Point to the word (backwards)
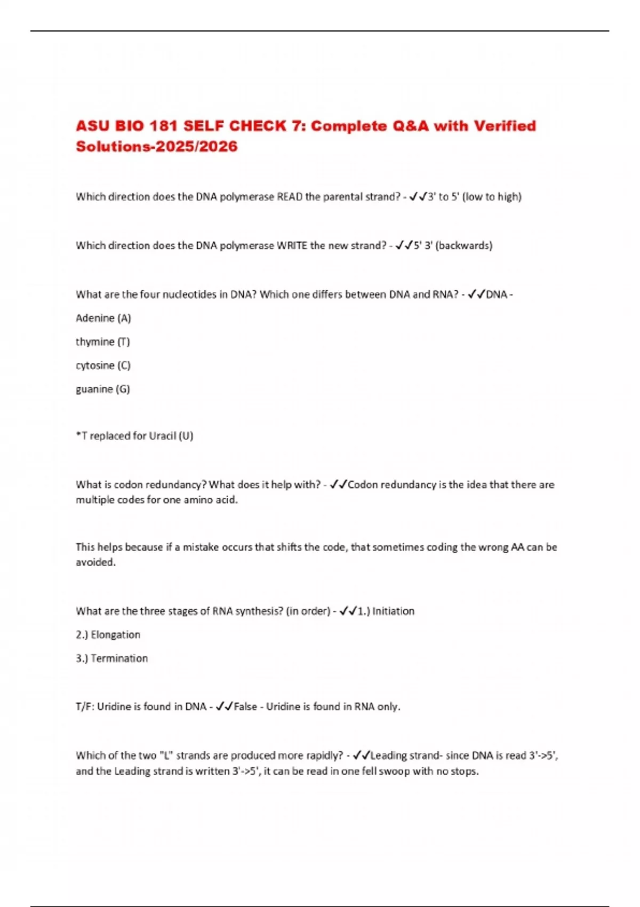pos(464,245)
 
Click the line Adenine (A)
pos(103,318)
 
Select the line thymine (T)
pos(102,341)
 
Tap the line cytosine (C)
pos(103,365)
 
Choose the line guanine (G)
pos(102,389)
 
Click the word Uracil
pos(162,436)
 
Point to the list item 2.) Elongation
pos(108,635)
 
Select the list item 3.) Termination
pos(111,658)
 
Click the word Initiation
pos(393,611)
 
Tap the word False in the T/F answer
pos(245,707)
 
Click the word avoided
pos(95,562)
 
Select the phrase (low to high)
pos(492,197)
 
